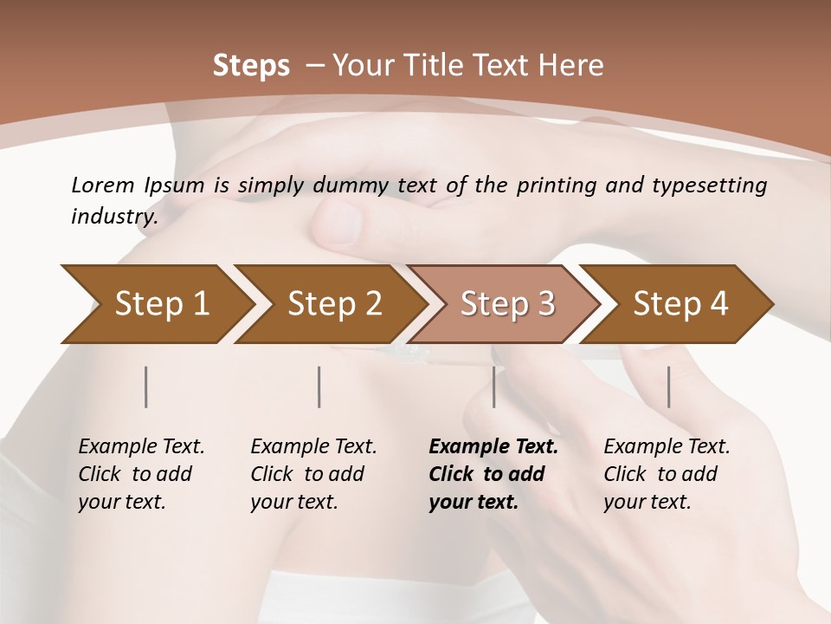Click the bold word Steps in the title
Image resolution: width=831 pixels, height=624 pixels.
(251, 66)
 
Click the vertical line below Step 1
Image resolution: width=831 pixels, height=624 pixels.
(146, 387)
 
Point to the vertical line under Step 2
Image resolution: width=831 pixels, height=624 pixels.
(319, 387)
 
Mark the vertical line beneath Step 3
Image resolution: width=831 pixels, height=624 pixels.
(493, 387)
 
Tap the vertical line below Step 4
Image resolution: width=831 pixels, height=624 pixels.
(668, 387)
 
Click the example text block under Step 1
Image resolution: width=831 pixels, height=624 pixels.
(141, 474)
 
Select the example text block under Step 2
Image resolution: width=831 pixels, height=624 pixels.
(313, 474)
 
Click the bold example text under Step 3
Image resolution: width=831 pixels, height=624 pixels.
(493, 474)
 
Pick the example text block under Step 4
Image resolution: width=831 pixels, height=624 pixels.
(667, 474)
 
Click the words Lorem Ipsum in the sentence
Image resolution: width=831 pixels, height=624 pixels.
(138, 185)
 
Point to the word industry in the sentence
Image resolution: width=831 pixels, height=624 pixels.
(114, 216)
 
